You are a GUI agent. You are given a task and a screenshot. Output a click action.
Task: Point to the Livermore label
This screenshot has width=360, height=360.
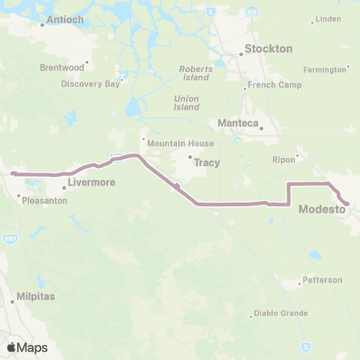(89, 181)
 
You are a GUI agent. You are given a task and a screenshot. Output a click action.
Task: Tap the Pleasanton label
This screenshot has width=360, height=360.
(44, 201)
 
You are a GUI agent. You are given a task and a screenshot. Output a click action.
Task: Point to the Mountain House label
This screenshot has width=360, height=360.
(180, 143)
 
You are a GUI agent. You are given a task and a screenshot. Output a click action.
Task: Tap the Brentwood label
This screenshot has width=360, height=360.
(61, 67)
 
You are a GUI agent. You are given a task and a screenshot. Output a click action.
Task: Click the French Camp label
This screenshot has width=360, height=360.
(276, 85)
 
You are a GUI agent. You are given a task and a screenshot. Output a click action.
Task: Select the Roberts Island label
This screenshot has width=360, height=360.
(196, 72)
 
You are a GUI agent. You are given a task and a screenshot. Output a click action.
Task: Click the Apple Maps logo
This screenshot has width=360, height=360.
(27, 347)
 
